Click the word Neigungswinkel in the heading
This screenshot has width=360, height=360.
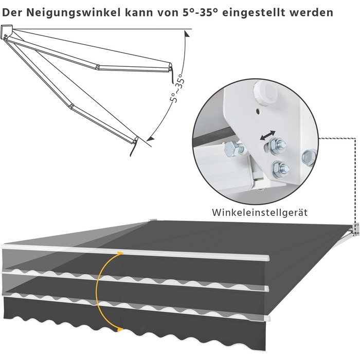pyautogui.click(x=74, y=12)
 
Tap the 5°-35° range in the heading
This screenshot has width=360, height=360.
pyautogui.click(x=200, y=12)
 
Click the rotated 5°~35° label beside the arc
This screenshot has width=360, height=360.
pyautogui.click(x=177, y=88)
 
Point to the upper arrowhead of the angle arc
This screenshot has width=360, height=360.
pyautogui.click(x=187, y=34)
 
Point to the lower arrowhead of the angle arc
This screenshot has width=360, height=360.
pyautogui.click(x=151, y=138)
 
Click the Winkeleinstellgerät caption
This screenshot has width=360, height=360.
pyautogui.click(x=260, y=212)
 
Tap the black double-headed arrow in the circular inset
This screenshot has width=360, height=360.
pyautogui.click(x=267, y=135)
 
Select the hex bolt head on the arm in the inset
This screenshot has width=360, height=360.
pyautogui.click(x=232, y=149)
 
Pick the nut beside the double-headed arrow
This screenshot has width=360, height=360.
pyautogui.click(x=276, y=146)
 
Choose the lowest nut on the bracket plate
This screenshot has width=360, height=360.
pyautogui.click(x=280, y=169)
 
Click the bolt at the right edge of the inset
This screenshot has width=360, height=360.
pyautogui.click(x=309, y=157)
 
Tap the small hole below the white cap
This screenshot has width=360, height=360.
pyautogui.click(x=258, y=112)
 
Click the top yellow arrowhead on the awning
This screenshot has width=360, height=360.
pyautogui.click(x=120, y=253)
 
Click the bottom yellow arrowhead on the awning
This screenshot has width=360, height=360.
pyautogui.click(x=120, y=330)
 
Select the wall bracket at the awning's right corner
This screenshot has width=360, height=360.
pyautogui.click(x=356, y=229)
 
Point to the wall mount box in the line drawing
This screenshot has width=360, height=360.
pyautogui.click(x=7, y=31)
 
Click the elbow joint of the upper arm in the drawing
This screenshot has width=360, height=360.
pyautogui.click(x=98, y=67)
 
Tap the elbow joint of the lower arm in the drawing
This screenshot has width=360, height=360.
pyautogui.click(x=71, y=106)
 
